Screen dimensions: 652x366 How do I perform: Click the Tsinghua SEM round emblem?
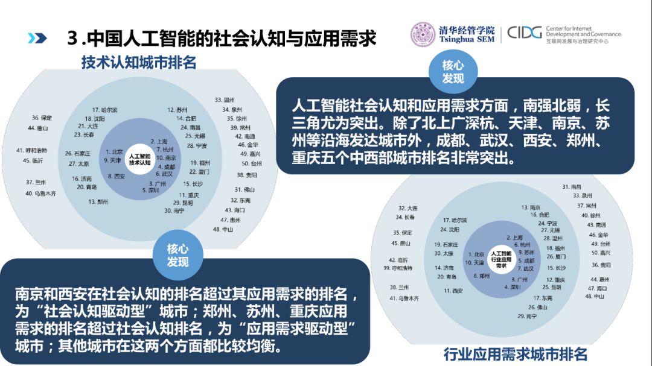pos(423,34)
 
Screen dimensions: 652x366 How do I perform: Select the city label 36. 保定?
pos(42,118)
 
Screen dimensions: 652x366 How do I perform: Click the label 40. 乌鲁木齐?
pos(41,194)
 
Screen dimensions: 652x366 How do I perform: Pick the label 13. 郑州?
pos(98,201)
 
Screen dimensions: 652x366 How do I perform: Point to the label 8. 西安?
pos(116,176)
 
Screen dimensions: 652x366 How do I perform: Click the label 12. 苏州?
pos(177,110)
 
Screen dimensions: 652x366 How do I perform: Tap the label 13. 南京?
pos(531,207)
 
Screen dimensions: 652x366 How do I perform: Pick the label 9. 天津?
pos(113,160)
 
